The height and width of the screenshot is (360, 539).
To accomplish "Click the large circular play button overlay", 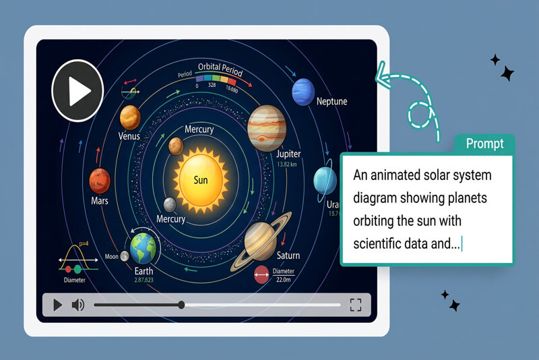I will pos(77,90).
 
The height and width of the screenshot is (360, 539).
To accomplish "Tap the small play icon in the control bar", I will pos(57,305).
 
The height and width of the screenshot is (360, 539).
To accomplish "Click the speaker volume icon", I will pos(78,305).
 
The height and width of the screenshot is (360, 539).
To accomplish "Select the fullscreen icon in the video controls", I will pos(356,305).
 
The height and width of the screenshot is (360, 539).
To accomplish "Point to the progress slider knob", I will pos(181,305).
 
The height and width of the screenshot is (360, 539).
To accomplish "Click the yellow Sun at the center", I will pos(201,179).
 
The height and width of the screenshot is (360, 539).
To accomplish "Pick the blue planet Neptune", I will pos(303,91).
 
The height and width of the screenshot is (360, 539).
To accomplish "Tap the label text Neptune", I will pos(331,102).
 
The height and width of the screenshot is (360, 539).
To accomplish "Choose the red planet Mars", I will pos(99,180).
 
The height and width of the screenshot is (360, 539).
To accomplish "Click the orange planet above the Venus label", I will pos(130,117).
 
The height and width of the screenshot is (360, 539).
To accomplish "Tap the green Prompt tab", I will pos(484,144).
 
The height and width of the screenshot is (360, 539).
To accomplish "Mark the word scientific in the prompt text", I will pos(381,244).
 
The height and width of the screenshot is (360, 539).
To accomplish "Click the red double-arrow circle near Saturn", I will pos(261,275).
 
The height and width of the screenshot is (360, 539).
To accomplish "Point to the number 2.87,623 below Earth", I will pos(144,279).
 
